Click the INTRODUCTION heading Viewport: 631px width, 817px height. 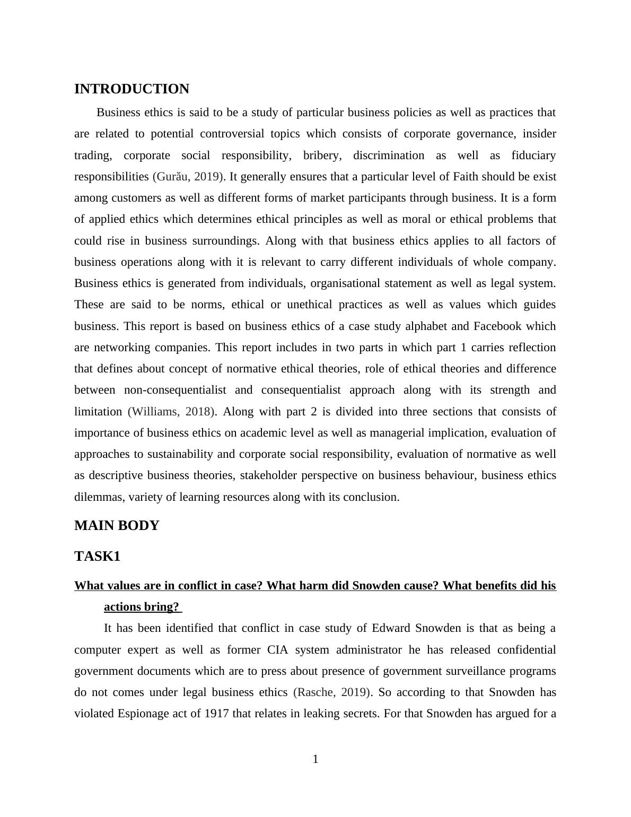[x=132, y=89]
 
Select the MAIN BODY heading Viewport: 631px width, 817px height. [x=117, y=526]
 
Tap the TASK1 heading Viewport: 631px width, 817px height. [x=98, y=557]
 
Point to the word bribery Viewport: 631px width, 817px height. [x=321, y=155]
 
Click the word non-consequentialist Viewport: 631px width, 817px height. [x=175, y=390]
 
